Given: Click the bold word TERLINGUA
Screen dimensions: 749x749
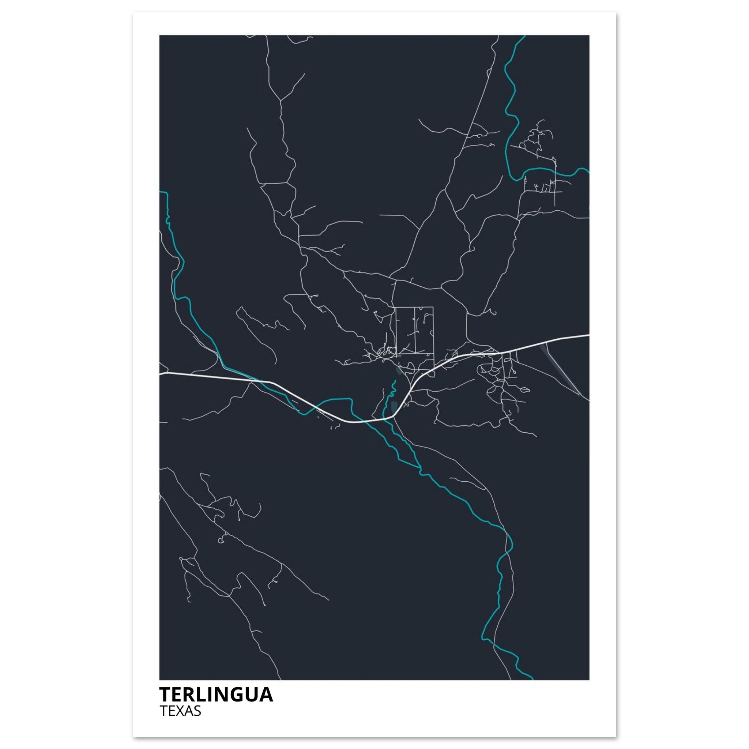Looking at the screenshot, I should point(216,695).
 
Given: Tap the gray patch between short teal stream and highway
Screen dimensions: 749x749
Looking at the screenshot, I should point(394,407).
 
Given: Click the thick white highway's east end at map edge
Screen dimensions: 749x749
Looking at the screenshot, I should point(588,335).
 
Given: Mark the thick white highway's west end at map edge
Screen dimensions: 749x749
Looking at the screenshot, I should point(161,374).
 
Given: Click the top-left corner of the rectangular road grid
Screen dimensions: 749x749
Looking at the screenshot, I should point(396,307).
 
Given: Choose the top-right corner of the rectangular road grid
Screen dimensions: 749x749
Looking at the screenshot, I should point(433,307).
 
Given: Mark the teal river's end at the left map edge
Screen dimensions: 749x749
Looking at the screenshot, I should point(161,192).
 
